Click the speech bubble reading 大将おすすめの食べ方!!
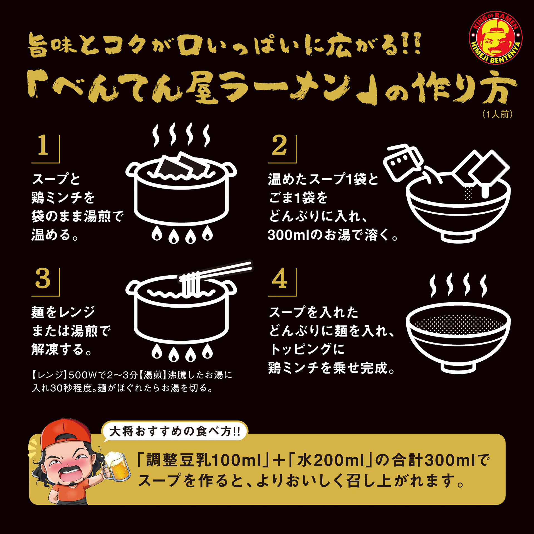(175, 431)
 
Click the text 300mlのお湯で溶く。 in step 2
(333, 235)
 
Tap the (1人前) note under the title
(498, 114)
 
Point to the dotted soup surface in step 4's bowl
(458, 324)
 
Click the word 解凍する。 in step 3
(62, 349)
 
